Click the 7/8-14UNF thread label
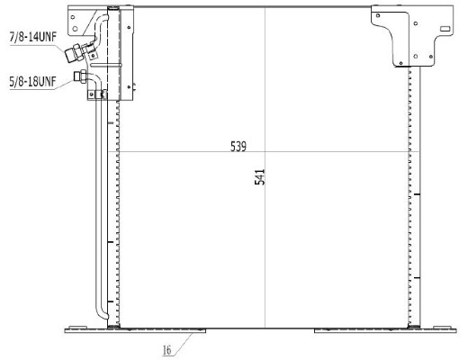coord(33,37)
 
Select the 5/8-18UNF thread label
coord(32,82)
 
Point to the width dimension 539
coord(238,147)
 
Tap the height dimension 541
coord(260,177)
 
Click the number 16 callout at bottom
coord(167,350)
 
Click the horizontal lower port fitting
coord(80,76)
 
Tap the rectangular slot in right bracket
coord(445,29)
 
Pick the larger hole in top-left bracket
coord(75,29)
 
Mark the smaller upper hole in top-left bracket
coord(73,17)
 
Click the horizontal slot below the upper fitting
coord(106,65)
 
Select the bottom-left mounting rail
coord(135,330)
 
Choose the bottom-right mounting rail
coord(385,330)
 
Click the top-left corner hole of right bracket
coord(378,15)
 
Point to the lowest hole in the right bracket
coord(401,63)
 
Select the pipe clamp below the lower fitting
coord(97,94)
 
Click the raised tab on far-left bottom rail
coord(77,327)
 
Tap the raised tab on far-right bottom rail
coord(442,327)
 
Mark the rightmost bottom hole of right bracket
coord(431,57)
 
